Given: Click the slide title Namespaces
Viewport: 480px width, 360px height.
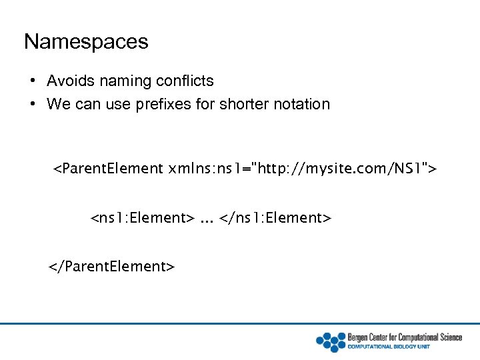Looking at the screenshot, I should (x=86, y=41).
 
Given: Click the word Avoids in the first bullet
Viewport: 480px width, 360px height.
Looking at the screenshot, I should (x=69, y=81).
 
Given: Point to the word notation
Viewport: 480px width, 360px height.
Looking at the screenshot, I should (x=301, y=104).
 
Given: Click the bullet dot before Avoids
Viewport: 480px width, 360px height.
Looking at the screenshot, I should (x=32, y=81).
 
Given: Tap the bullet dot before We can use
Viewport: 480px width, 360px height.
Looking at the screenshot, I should (x=32, y=104).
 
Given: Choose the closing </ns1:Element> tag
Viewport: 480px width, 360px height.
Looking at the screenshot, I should (x=275, y=218).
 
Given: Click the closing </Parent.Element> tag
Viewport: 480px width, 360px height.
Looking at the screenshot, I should (x=111, y=267).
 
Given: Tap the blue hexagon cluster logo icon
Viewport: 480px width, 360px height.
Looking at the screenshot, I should (x=330, y=341).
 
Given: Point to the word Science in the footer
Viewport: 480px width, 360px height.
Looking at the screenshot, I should (x=450, y=337).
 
